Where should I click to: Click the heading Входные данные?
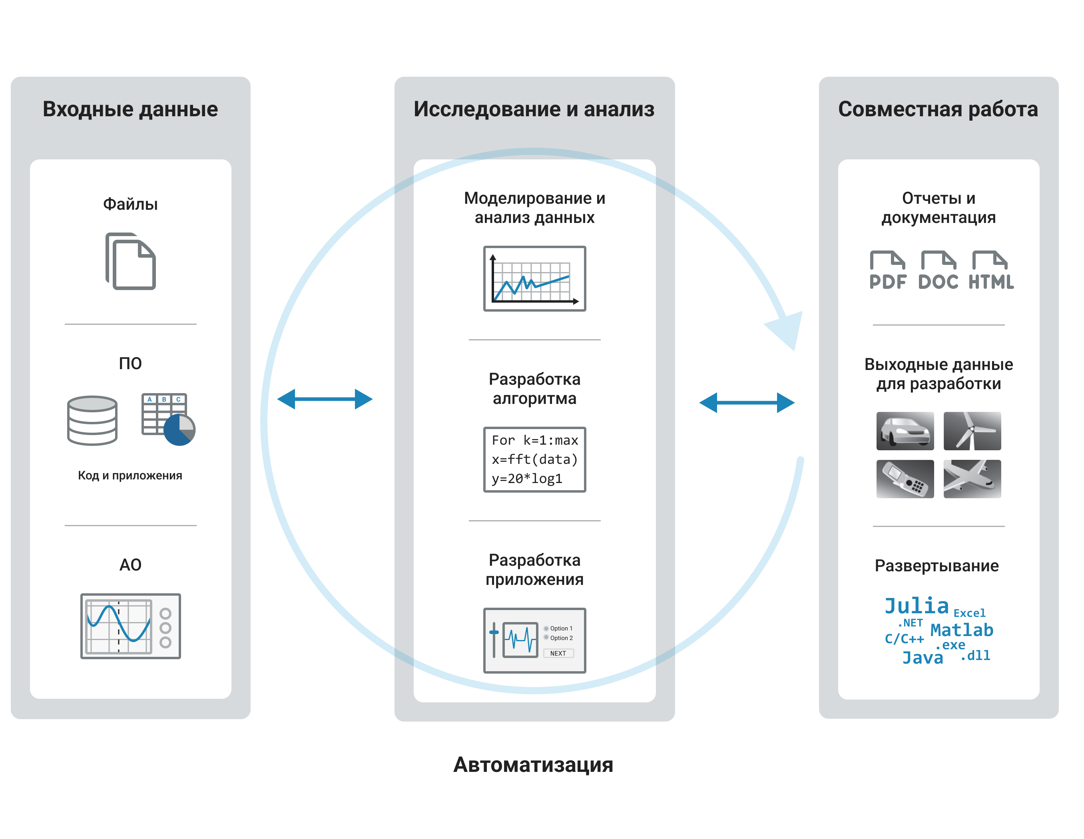point(130,109)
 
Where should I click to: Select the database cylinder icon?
point(92,420)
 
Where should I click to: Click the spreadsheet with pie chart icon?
point(168,419)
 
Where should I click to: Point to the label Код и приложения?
point(130,475)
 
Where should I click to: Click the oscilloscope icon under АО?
point(131,626)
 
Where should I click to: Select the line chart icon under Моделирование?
point(534,278)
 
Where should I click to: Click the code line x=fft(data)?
point(534,459)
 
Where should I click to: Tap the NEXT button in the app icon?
point(558,654)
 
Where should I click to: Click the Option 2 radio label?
point(561,638)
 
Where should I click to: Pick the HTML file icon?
point(991,270)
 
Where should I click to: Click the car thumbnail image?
point(905,431)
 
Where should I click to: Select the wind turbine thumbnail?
point(972,431)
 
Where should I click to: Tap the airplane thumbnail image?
point(972,479)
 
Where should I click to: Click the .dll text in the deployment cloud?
point(976,656)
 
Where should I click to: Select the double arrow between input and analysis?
point(325,399)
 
